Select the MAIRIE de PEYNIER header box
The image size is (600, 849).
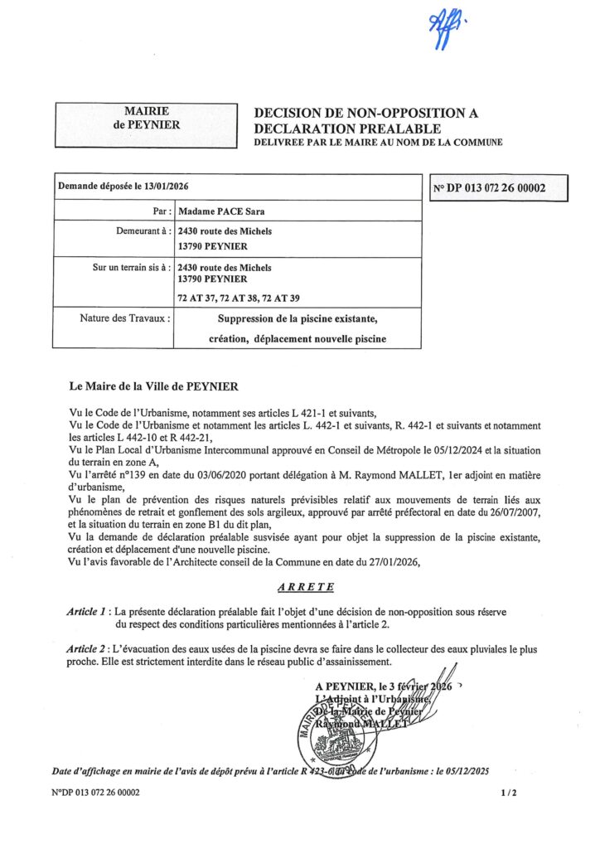point(147,124)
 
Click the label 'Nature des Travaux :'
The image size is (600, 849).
point(126,318)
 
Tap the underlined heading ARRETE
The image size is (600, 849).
point(306,587)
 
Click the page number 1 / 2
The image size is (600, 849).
point(509,793)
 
